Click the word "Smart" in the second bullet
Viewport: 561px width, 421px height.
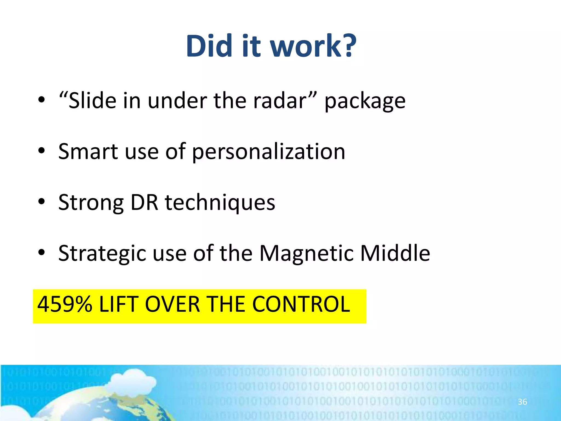(x=88, y=152)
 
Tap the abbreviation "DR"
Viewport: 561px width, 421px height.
(x=144, y=203)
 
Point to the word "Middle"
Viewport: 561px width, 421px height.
(x=395, y=253)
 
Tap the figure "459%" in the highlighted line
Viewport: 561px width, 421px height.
(x=65, y=304)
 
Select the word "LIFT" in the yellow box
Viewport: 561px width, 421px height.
(x=118, y=304)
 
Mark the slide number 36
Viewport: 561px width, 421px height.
(x=522, y=402)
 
